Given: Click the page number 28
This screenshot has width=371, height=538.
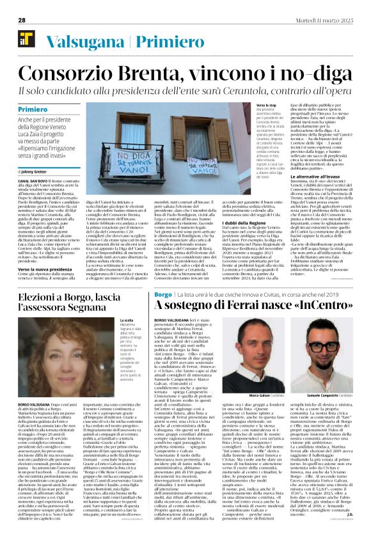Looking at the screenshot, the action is click(22, 20).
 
